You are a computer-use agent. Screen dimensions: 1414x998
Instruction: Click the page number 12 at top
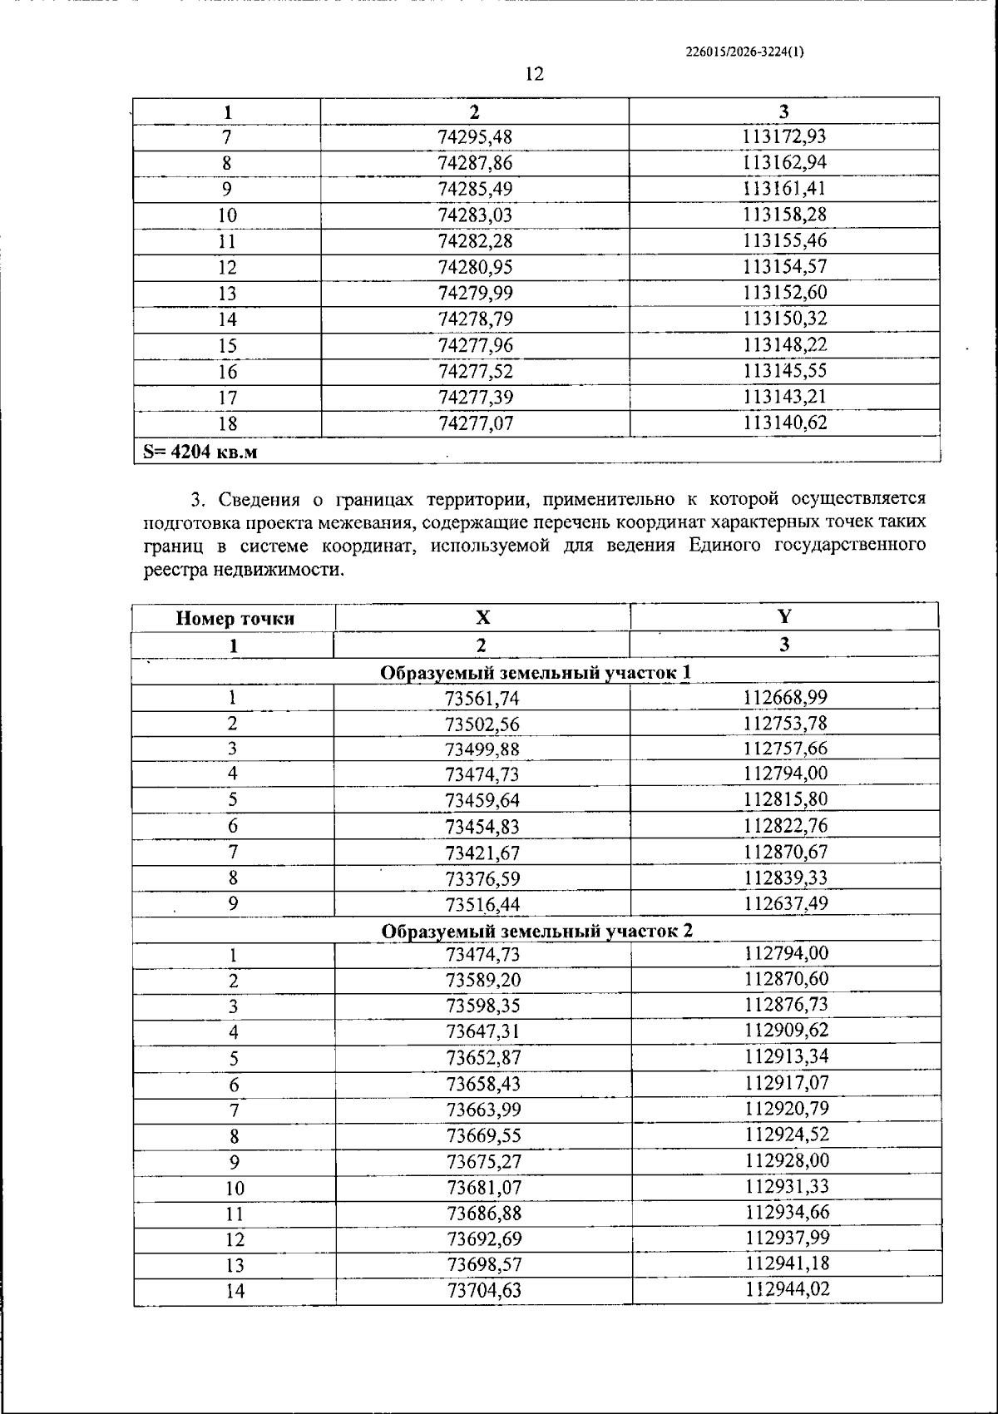coord(535,75)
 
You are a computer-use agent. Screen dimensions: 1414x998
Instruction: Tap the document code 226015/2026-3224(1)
coord(744,52)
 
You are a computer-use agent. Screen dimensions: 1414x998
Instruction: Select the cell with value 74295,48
coord(475,137)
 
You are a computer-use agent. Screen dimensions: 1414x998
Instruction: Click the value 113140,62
coord(784,423)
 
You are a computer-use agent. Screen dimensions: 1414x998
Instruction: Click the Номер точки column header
coord(235,618)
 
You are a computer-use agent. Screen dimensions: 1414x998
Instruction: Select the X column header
coord(482,617)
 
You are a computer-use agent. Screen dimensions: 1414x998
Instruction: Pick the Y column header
coord(783,616)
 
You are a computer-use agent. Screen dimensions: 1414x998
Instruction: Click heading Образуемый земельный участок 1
coord(536,672)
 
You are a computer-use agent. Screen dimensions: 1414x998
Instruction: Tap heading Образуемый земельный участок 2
coord(536,931)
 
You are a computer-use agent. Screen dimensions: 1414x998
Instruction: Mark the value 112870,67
coord(785,852)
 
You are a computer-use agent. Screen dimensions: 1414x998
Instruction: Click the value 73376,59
coord(482,878)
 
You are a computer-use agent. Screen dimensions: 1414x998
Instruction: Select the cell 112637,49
coord(785,903)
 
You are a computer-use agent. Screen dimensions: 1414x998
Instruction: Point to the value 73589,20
coord(483,981)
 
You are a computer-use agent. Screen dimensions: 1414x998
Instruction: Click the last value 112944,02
coord(787,1289)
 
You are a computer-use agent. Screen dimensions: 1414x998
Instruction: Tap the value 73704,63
coord(483,1291)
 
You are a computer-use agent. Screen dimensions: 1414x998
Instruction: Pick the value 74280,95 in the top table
coord(475,267)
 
